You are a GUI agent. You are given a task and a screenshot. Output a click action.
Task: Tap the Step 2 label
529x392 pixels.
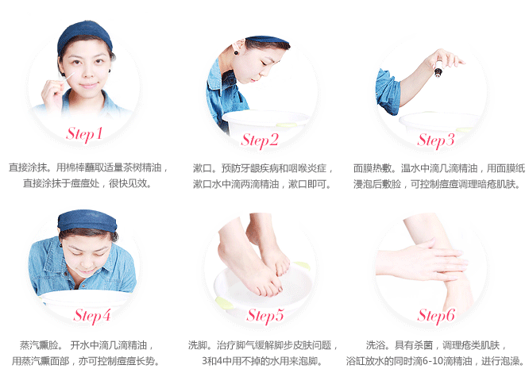pyautogui.click(x=261, y=140)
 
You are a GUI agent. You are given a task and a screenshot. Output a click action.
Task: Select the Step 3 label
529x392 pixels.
pyautogui.click(x=436, y=140)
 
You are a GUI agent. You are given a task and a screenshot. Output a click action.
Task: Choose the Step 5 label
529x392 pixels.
pyautogui.click(x=265, y=316)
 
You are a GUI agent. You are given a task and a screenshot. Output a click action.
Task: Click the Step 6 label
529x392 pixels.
pyautogui.click(x=436, y=316)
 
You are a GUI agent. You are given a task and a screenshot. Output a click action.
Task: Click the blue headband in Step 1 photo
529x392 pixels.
pyautogui.click(x=84, y=30)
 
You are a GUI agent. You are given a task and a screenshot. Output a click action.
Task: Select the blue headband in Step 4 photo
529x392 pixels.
pyautogui.click(x=87, y=220)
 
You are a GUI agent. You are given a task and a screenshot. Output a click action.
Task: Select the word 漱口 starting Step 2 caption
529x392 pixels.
pyautogui.click(x=203, y=168)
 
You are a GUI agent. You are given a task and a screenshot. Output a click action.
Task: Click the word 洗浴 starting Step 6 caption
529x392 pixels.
pyautogui.click(x=376, y=345)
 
